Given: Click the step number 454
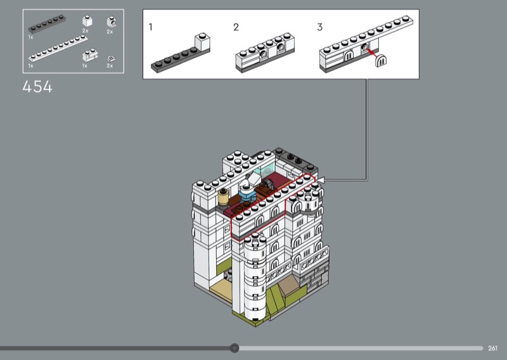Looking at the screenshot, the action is pyautogui.click(x=37, y=87).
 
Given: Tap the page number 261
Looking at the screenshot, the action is pyautogui.click(x=492, y=348).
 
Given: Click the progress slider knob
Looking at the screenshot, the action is pyautogui.click(x=234, y=348).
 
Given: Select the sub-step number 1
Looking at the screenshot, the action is pyautogui.click(x=150, y=27).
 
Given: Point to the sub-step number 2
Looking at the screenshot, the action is pyautogui.click(x=236, y=27).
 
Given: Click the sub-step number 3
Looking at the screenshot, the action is pyautogui.click(x=320, y=27).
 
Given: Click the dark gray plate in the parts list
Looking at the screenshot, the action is pyautogui.click(x=47, y=24).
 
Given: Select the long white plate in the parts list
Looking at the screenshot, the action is pyautogui.click(x=58, y=48).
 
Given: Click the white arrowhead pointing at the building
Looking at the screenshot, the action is pyautogui.click(x=322, y=180).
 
